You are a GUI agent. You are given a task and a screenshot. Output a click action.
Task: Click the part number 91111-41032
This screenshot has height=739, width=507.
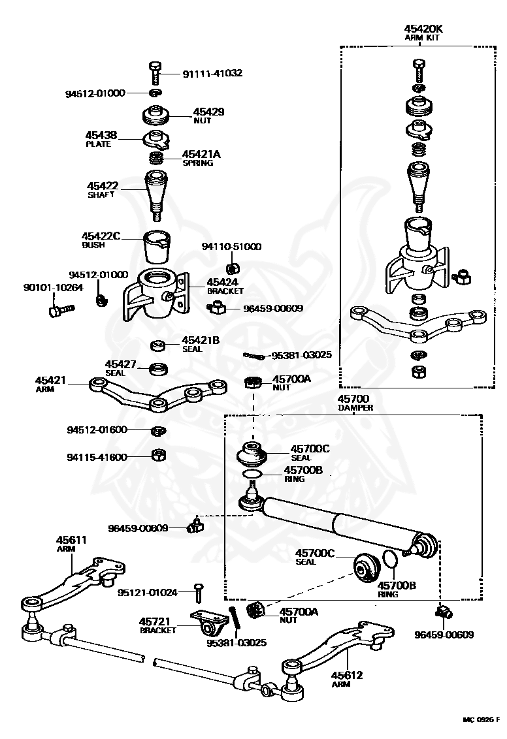(213, 73)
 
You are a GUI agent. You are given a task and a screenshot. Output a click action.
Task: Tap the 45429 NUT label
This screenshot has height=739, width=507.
(208, 116)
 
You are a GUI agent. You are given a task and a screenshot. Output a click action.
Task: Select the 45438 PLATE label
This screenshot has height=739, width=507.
(101, 139)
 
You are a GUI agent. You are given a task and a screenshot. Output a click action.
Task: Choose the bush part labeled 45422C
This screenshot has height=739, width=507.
(157, 247)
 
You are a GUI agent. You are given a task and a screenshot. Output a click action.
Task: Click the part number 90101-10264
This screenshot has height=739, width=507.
(54, 287)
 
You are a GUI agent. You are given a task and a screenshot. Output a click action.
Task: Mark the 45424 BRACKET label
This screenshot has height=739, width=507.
(225, 286)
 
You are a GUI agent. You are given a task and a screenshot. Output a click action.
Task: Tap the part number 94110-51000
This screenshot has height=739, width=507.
(231, 247)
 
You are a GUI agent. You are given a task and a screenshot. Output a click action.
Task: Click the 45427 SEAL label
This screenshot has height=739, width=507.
(120, 368)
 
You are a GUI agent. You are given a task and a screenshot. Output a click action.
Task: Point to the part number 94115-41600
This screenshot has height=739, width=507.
(97, 457)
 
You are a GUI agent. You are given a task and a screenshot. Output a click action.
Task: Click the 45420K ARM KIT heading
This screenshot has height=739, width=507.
(423, 33)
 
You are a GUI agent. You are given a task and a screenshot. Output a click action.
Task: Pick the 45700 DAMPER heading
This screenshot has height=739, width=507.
(355, 403)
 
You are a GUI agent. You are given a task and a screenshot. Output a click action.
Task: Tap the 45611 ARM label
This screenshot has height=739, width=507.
(71, 544)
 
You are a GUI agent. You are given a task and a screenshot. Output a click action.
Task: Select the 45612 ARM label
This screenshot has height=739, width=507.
(348, 679)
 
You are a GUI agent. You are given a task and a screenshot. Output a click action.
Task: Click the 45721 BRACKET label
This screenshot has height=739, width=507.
(157, 626)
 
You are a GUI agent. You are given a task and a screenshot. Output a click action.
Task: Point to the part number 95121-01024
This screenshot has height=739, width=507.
(148, 592)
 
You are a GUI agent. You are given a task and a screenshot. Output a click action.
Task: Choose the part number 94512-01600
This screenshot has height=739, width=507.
(97, 430)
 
